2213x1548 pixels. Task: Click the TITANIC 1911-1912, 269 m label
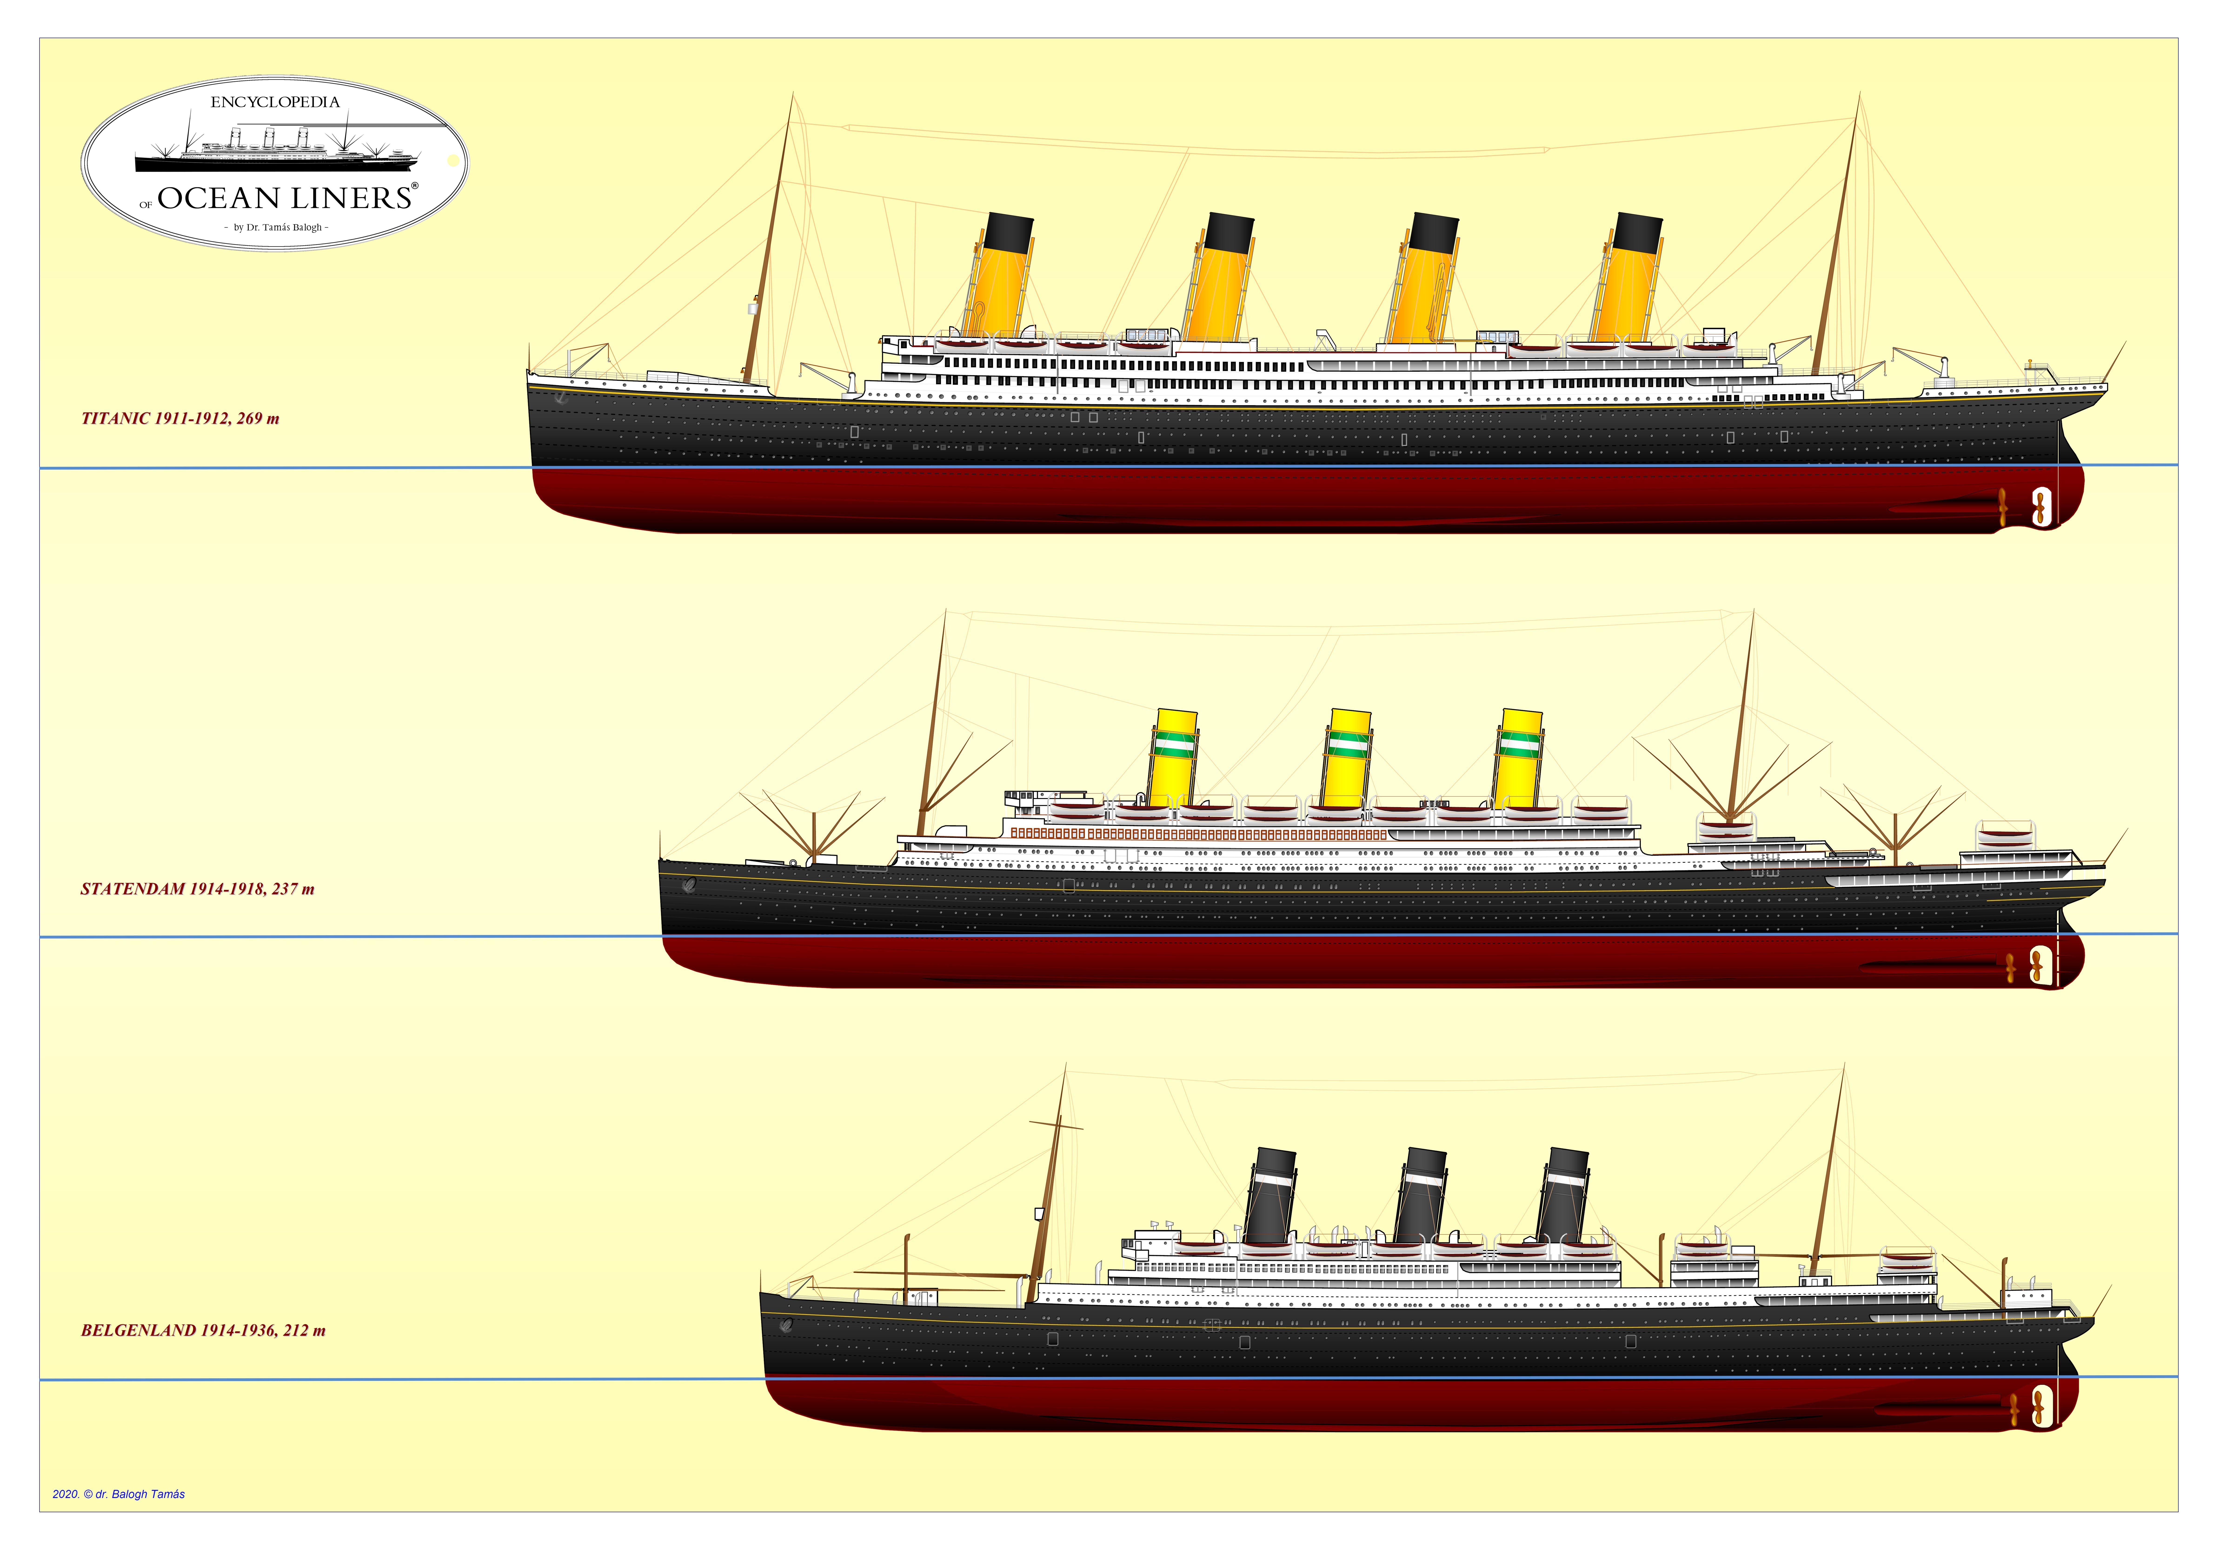pyautogui.click(x=180, y=418)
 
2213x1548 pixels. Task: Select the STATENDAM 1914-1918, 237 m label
pyautogui.click(x=198, y=889)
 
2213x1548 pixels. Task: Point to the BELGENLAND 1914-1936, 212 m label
pyautogui.click(x=203, y=1330)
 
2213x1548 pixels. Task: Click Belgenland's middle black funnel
pyautogui.click(x=1420, y=1195)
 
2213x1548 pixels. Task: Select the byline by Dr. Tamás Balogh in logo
pyautogui.click(x=277, y=228)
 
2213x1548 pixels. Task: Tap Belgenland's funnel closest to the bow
pyautogui.click(x=1562, y=1195)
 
